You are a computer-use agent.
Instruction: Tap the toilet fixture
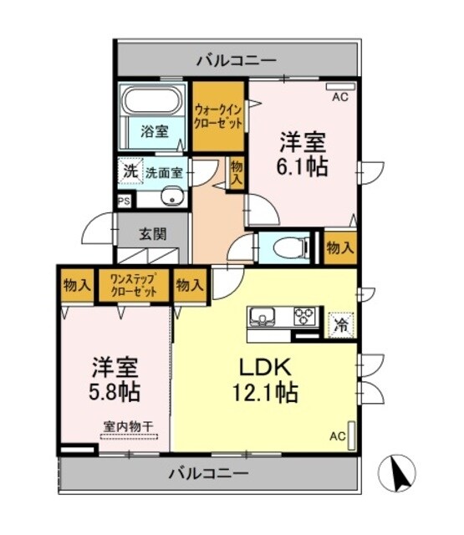(285, 246)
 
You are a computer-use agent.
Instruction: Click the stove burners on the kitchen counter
(304, 316)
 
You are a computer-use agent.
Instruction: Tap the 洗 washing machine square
(130, 170)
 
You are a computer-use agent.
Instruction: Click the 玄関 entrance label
(152, 232)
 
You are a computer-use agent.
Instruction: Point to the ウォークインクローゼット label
(219, 116)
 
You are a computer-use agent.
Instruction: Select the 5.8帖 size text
(115, 390)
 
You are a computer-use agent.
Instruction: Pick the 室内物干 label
(129, 427)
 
